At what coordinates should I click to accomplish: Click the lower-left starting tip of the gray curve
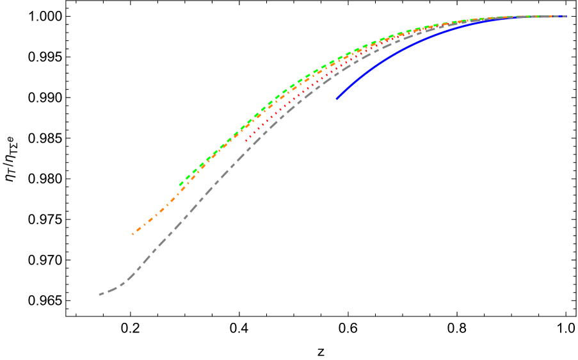pos(100,295)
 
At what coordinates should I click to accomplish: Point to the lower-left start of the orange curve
pos(133,234)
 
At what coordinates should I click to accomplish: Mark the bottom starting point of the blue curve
pos(337,99)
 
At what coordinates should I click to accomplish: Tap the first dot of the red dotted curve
pos(246,140)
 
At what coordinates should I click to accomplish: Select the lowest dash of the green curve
pos(182,184)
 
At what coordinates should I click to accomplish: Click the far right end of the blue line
pos(566,17)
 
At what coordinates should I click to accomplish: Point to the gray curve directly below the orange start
pos(133,274)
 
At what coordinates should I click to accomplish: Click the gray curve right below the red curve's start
pos(246,151)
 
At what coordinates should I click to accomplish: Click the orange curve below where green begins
pos(181,190)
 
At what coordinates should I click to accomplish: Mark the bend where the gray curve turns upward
pos(125,282)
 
